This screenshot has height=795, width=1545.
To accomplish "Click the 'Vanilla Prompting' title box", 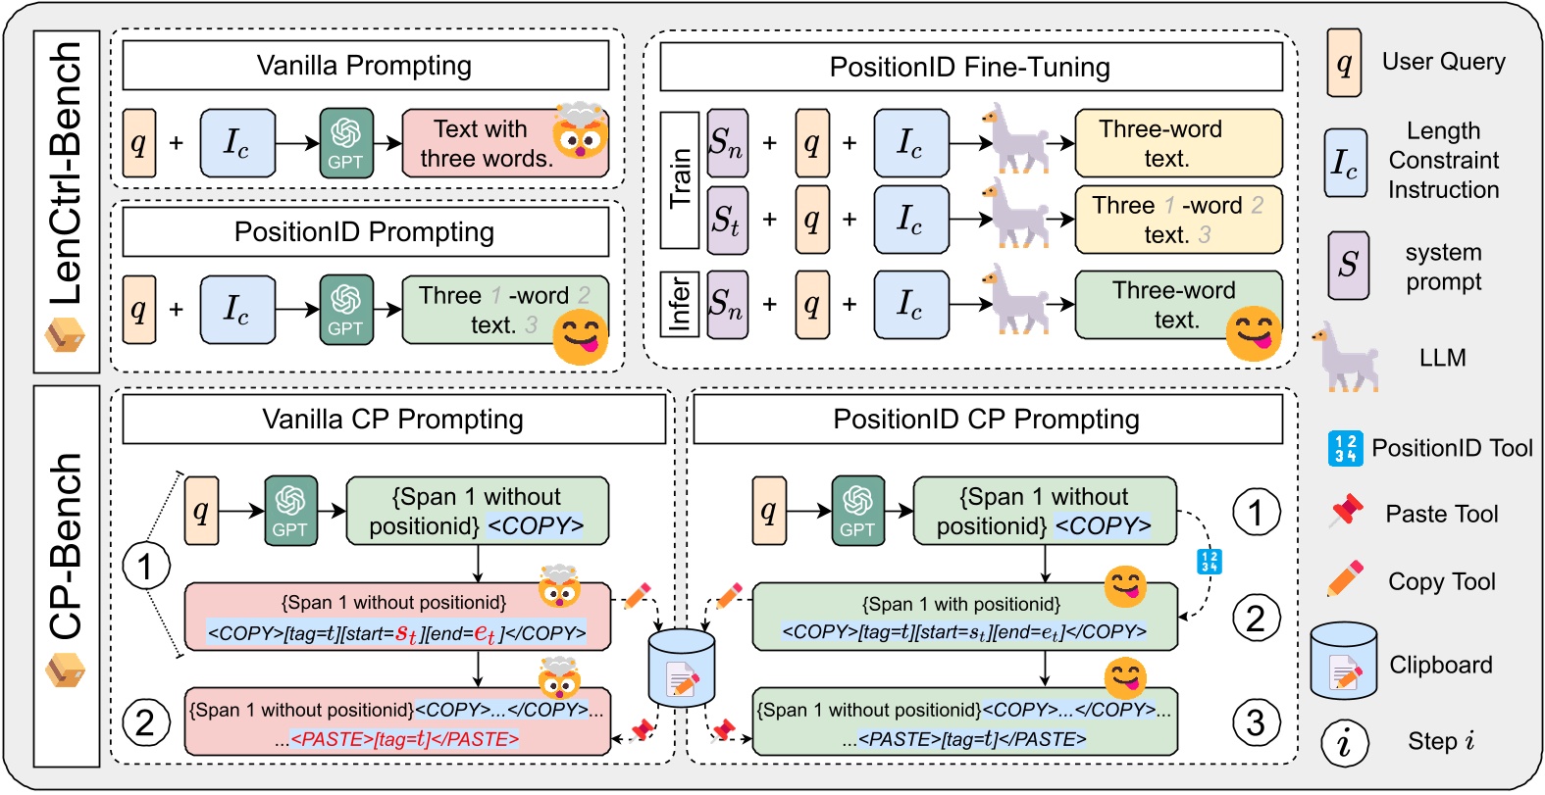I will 365,66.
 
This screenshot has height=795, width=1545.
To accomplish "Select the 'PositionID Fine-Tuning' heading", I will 970,67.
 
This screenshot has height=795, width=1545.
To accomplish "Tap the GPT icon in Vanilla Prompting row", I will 346,143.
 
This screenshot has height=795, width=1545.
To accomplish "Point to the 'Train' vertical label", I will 679,179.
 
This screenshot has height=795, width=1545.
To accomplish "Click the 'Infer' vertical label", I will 679,304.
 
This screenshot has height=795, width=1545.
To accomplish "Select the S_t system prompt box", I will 727,221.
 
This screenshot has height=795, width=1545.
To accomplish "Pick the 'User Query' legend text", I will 1443,62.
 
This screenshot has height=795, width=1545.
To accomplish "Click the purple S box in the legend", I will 1348,265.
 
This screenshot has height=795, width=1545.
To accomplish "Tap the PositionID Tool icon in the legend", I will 1345,448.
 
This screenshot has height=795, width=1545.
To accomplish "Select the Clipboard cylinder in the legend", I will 1343,662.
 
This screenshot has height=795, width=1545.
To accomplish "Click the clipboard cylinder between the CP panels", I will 681,668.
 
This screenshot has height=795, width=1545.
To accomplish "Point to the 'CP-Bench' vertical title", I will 67,549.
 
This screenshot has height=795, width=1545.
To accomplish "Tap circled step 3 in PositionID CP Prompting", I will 1256,723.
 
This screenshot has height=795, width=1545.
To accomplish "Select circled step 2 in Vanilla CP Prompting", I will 145,723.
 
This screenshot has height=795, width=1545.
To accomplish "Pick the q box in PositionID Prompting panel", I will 139,310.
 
